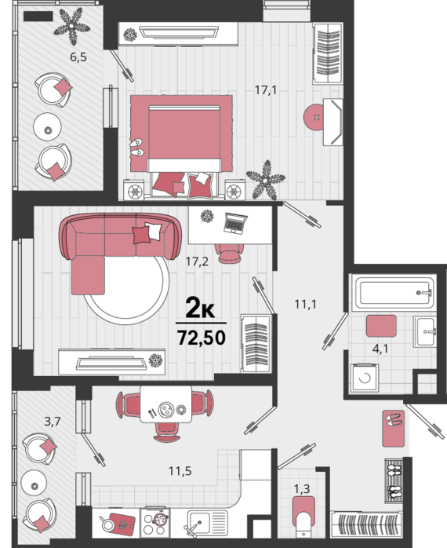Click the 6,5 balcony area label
[x=78, y=57]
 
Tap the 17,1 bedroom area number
[x=266, y=90]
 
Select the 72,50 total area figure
[x=201, y=338]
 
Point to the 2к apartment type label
[x=200, y=308]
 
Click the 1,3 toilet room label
[x=302, y=489]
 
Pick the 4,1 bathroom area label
[x=380, y=349]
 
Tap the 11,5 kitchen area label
[x=180, y=471]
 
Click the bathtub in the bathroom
[x=393, y=293]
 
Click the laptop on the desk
[x=235, y=223]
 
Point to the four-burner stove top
[x=154, y=523]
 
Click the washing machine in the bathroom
[x=365, y=378]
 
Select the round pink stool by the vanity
[x=317, y=118]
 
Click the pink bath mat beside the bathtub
[x=381, y=326]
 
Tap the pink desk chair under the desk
[x=229, y=253]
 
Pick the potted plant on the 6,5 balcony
[x=72, y=27]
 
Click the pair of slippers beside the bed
[x=136, y=147]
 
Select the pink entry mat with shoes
[x=393, y=428]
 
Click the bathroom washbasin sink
[x=425, y=331]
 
